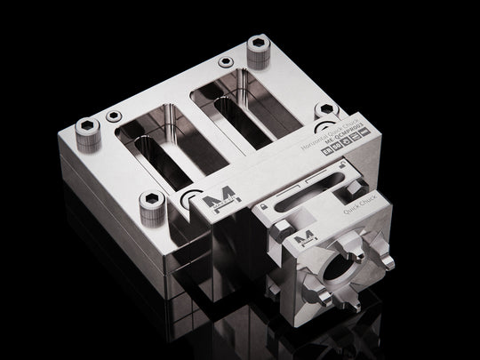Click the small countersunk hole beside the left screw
click(113, 116)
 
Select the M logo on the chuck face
click(305, 236)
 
